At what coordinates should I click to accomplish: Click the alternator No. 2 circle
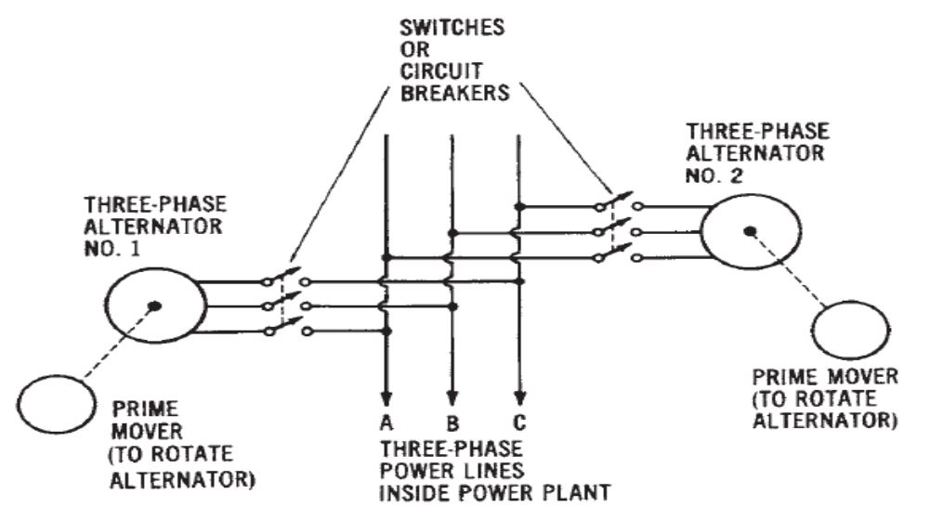coord(747,231)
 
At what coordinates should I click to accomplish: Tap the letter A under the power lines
coord(385,423)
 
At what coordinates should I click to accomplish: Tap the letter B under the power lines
coord(452,423)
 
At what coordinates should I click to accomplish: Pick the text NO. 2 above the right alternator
coord(707,174)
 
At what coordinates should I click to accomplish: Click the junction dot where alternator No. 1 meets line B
coord(452,305)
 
